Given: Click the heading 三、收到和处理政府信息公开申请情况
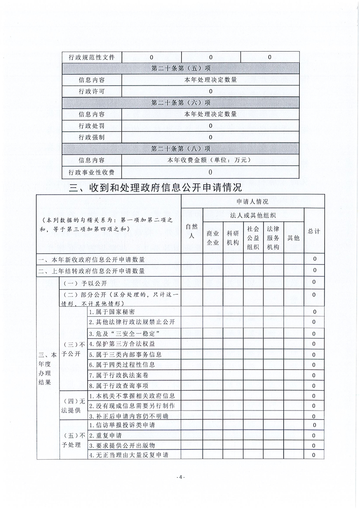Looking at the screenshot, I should click(155, 187).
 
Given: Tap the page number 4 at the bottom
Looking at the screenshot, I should click(180, 478).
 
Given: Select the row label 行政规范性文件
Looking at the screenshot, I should click(92, 57).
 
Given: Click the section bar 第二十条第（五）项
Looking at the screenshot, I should click(181, 69).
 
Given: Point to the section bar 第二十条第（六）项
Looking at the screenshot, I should click(181, 103).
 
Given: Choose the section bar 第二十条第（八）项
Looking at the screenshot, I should click(181, 148).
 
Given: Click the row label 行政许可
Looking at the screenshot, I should click(92, 91).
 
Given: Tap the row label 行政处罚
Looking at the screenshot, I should click(92, 126).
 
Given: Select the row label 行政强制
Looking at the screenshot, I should click(92, 137).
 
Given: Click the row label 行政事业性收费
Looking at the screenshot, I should click(92, 172).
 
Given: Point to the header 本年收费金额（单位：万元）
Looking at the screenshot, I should click(210, 160).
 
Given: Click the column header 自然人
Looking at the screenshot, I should click(191, 231).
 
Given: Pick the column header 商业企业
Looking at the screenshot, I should click(212, 237).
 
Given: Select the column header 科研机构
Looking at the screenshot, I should click(232, 237).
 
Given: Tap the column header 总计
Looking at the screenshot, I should click(314, 231).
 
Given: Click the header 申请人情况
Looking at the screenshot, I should click(252, 201).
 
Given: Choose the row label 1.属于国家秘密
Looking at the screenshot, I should click(112, 312).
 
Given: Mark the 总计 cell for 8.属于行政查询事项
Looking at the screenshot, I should click(314, 386).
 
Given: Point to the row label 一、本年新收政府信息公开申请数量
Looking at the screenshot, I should click(92, 259).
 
